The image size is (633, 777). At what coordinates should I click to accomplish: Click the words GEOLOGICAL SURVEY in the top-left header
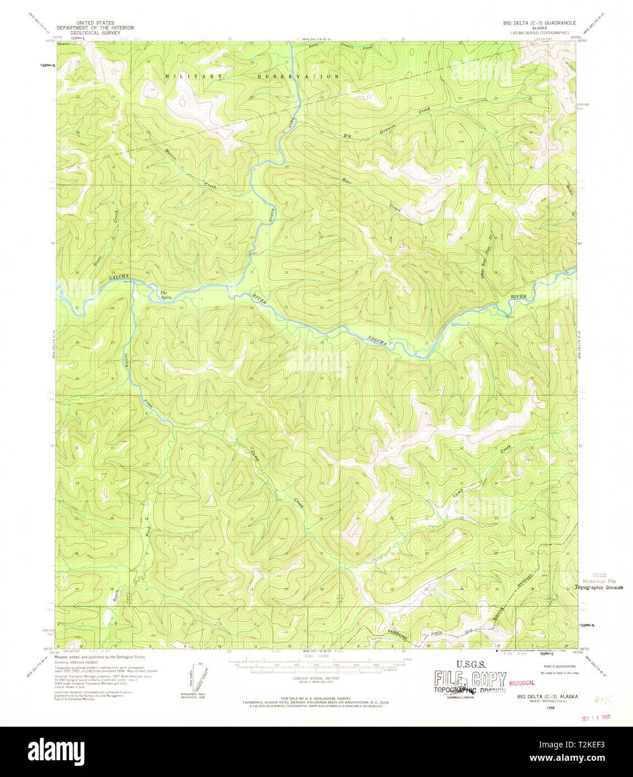(95, 33)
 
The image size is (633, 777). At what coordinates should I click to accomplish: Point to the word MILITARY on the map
(194, 76)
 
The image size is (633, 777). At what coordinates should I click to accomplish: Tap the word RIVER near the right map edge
(518, 296)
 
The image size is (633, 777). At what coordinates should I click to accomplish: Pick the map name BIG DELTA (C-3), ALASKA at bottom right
(548, 697)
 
